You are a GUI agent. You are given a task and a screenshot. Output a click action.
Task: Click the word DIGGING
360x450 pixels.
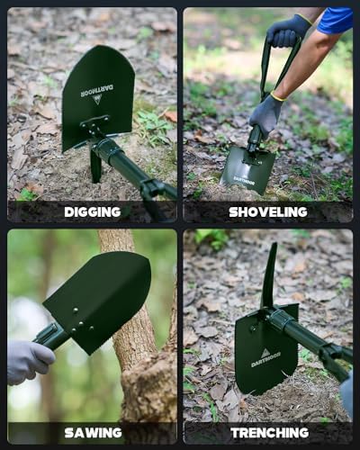pos(92,211)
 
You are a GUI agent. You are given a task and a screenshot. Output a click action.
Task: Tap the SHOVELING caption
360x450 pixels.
pos(268,211)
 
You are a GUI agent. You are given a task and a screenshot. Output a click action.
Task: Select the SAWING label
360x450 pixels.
pos(93,433)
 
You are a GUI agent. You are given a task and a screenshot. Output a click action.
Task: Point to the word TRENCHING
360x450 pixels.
pos(269,433)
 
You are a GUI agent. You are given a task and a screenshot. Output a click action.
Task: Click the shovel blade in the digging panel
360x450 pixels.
pos(96,99)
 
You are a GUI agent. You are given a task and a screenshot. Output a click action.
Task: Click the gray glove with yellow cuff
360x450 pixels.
pos(265,112)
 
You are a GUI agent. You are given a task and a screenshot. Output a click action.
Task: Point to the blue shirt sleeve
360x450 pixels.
pos(336,20)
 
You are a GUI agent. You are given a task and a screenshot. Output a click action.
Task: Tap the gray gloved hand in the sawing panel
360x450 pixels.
pos(27,360)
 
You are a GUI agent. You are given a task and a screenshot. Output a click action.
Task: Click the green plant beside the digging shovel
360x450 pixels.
pos(153,126)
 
